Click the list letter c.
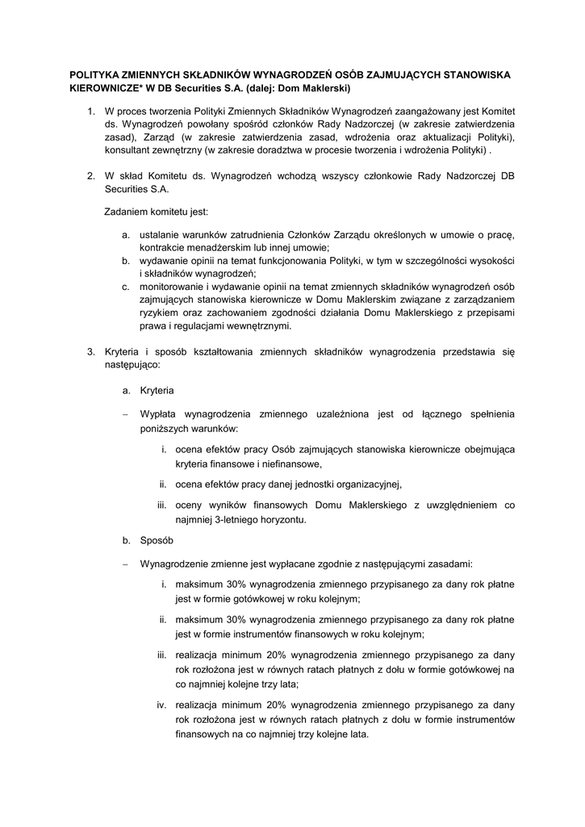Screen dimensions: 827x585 (x=126, y=287)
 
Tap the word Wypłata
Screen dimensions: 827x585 (x=159, y=413)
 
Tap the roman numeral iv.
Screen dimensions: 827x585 (x=161, y=704)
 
